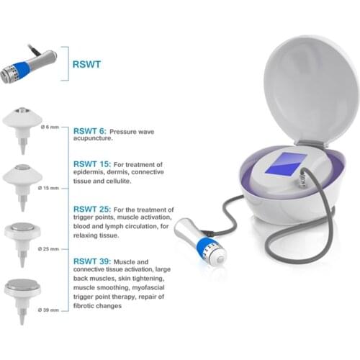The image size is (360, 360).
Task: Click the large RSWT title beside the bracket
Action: click(x=86, y=64)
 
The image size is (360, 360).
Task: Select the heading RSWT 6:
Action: click(x=89, y=131)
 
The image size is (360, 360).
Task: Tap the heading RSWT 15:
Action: click(x=92, y=164)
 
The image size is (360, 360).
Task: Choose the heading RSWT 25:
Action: click(x=92, y=210)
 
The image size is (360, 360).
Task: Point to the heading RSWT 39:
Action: click(x=92, y=261)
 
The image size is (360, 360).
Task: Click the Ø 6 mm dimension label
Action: click(x=50, y=127)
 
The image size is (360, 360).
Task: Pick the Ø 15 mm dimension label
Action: click(x=48, y=188)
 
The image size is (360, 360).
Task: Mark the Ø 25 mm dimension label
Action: click(x=48, y=249)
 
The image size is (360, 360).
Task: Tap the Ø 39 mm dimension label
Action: click(x=48, y=310)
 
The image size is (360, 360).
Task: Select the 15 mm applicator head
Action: click(x=22, y=185)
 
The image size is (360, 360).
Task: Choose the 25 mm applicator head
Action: click(x=22, y=243)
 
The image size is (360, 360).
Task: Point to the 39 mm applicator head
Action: click(x=22, y=300)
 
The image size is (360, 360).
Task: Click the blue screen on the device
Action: click(x=286, y=163)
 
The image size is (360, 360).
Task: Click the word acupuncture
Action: click(x=93, y=138)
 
